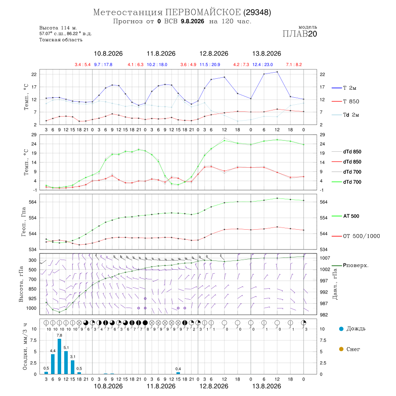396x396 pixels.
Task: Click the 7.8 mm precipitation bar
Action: pos(59,356)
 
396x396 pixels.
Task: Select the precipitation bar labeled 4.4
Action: pos(53,364)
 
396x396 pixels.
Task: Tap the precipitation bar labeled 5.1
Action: pos(66,363)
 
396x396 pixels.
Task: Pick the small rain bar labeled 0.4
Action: pos(178,373)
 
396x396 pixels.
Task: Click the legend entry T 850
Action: pos(345,102)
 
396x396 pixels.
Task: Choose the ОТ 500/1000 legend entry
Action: pos(356,236)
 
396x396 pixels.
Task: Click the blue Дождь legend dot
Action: pos(341,329)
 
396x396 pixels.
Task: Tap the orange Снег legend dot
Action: pos(341,349)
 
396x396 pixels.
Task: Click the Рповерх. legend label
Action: pos(356,265)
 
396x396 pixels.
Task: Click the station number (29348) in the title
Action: pos(257,12)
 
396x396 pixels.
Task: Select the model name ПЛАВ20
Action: pos(300,34)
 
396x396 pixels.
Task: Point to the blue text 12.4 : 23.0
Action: pos(263,65)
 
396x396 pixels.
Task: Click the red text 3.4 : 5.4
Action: pos(83,65)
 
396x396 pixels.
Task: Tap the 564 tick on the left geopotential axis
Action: pos(33,202)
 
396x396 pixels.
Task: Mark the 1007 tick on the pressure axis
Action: pos(325,258)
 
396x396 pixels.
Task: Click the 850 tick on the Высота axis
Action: pos(32,289)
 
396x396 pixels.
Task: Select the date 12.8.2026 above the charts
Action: pos(214,54)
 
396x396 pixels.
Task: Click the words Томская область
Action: pos(61,40)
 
